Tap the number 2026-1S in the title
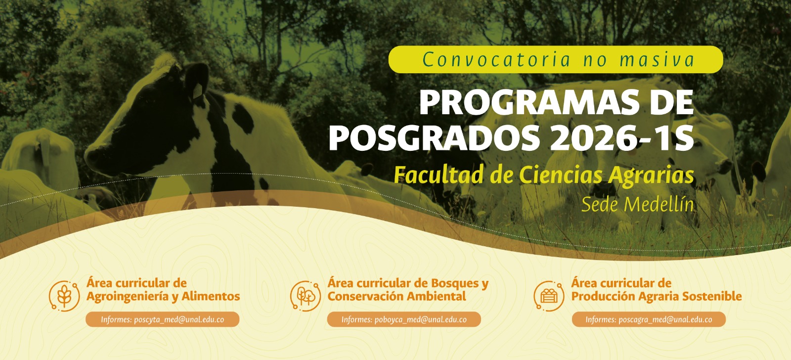pos(622,138)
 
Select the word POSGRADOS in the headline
pos(434,138)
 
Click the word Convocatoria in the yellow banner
pos(496,59)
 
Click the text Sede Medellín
pos(637,204)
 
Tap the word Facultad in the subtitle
pos(438,175)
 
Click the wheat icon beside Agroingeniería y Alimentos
pos(64,296)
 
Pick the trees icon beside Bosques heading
pos(306,296)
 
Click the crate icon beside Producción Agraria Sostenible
pos(549,296)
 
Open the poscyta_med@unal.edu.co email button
pos(163,319)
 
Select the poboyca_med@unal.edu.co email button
pos(404,319)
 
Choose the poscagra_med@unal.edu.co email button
pos(649,319)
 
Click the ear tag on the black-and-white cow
pos(197,91)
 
